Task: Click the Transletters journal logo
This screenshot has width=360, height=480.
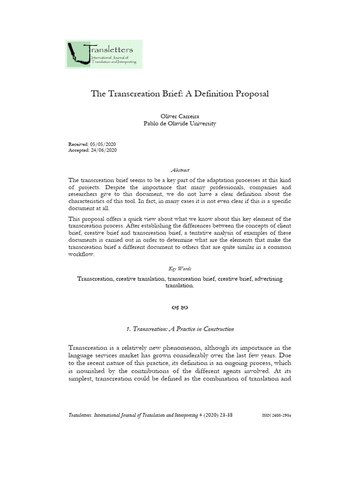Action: click(x=104, y=54)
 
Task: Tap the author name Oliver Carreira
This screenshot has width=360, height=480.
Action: click(x=180, y=116)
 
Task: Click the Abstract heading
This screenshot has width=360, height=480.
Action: click(x=180, y=170)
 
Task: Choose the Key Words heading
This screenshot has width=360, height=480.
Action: click(x=180, y=269)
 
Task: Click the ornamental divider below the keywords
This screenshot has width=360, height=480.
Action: click(x=180, y=307)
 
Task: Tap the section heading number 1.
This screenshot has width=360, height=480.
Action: click(x=128, y=329)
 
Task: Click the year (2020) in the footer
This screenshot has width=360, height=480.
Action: click(x=211, y=416)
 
